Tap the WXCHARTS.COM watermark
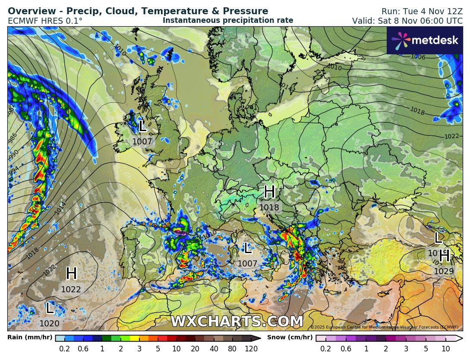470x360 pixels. coord(237,322)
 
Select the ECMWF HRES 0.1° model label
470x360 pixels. coord(45,21)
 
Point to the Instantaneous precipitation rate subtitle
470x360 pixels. coord(228,20)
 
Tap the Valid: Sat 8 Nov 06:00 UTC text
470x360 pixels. coord(407,21)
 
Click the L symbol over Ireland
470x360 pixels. coord(143,126)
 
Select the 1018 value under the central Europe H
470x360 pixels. coord(269,207)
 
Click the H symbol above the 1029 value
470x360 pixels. coord(444,256)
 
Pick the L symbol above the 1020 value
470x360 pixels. coord(50,308)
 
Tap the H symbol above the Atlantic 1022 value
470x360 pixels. coord(71,274)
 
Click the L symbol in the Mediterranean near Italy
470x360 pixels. coord(248,248)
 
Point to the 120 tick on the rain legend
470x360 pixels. coord(251,349)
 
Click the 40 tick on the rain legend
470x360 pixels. coord(214,349)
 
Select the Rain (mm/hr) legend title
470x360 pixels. coord(30,338)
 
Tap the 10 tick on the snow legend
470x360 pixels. coord(446,349)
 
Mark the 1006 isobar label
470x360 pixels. coord(418,57)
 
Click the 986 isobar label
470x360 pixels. coord(13,137)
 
